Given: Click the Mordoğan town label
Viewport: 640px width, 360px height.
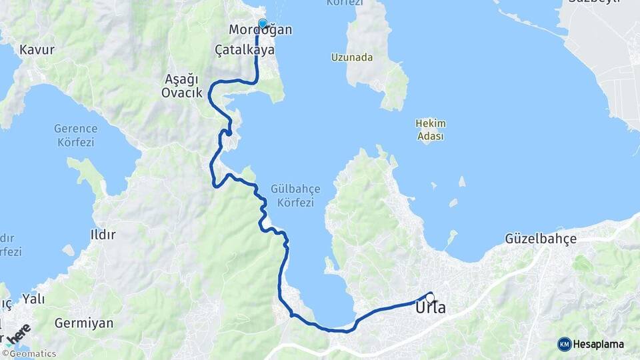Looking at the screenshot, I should (251, 31).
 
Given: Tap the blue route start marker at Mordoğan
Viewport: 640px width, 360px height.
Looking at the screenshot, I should (262, 24).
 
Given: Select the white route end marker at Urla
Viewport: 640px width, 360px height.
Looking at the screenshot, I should (430, 297).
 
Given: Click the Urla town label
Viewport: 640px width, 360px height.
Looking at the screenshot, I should (430, 309).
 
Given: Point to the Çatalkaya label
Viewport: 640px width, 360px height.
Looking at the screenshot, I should (245, 49).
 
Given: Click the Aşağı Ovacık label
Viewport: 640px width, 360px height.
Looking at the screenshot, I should (181, 86).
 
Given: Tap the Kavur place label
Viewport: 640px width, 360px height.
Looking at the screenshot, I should (37, 49).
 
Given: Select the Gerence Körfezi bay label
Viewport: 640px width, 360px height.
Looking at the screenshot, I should (75, 135).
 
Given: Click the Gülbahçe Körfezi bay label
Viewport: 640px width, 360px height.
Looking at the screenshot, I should (292, 196).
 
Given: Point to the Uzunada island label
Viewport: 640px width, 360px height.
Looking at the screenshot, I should (352, 57).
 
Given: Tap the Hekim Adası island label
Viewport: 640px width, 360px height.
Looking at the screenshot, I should (430, 129).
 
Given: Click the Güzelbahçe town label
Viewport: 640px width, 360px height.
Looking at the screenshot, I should (540, 238).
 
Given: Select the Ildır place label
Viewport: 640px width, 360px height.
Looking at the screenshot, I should (103, 234).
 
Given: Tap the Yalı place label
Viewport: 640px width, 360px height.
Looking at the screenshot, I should (33, 299).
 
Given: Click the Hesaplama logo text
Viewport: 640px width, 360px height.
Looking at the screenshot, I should (598, 344).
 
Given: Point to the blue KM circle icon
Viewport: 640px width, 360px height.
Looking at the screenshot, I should (564, 344).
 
